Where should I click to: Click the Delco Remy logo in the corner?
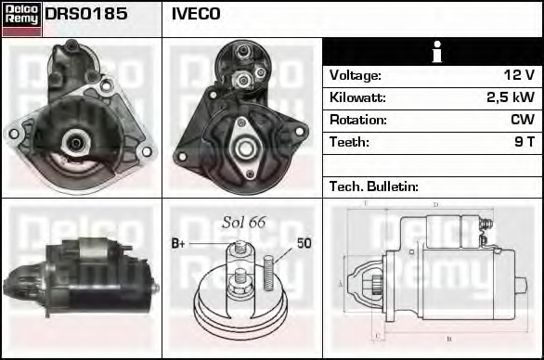[x=21, y=18]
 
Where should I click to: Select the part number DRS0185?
[x=86, y=15]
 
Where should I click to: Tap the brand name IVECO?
[x=196, y=15]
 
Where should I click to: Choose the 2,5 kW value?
[x=510, y=97]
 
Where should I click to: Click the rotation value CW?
[x=522, y=120]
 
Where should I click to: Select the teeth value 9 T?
[x=524, y=142]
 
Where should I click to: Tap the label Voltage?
[x=355, y=75]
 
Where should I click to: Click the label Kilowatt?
[x=357, y=97]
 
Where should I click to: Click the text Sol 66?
[x=243, y=222]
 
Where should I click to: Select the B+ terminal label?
[x=179, y=244]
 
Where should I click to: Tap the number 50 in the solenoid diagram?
[x=304, y=244]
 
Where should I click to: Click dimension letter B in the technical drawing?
[x=449, y=339]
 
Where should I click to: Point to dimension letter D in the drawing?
[x=434, y=205]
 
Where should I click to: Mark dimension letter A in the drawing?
[x=341, y=283]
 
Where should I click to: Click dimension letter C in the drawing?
[x=376, y=336]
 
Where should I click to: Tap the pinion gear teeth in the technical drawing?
[x=376, y=282]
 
